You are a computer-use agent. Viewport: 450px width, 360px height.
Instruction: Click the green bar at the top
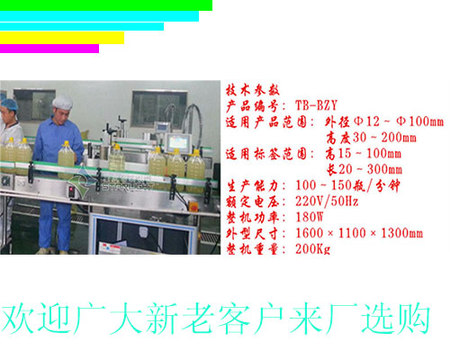tap(105, 4)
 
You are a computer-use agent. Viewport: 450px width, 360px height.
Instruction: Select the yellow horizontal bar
tap(61, 38)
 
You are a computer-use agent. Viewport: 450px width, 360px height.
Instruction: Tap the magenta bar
tap(49, 49)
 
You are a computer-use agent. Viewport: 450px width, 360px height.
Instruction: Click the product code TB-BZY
tap(316, 105)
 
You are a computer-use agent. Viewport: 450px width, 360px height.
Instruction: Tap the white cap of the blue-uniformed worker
tap(62, 102)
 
